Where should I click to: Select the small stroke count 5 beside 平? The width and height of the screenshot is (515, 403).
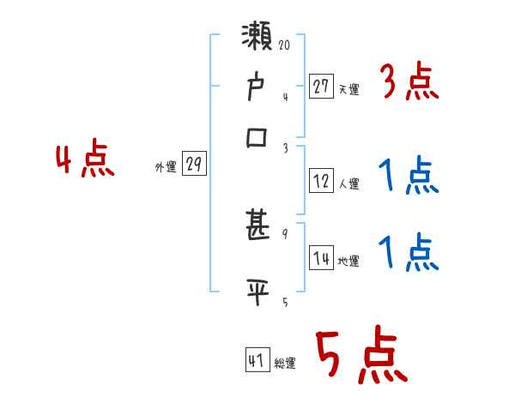[x=285, y=301]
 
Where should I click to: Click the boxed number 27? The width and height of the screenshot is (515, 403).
[x=321, y=87]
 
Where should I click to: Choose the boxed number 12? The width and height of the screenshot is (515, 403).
[x=321, y=181]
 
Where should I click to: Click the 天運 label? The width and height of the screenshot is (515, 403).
[x=348, y=89]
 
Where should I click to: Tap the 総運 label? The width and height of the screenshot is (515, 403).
[x=285, y=363]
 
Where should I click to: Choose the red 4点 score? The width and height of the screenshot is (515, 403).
[x=85, y=160]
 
